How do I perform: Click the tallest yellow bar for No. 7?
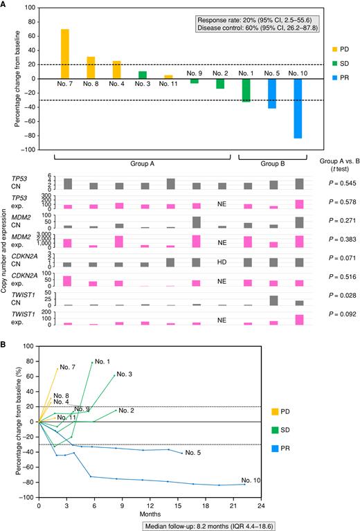point(64,53)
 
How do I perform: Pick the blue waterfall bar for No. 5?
point(273,93)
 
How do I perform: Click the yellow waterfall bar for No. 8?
point(90,67)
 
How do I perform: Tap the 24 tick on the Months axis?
point(260,506)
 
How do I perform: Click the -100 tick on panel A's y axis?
point(30,150)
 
